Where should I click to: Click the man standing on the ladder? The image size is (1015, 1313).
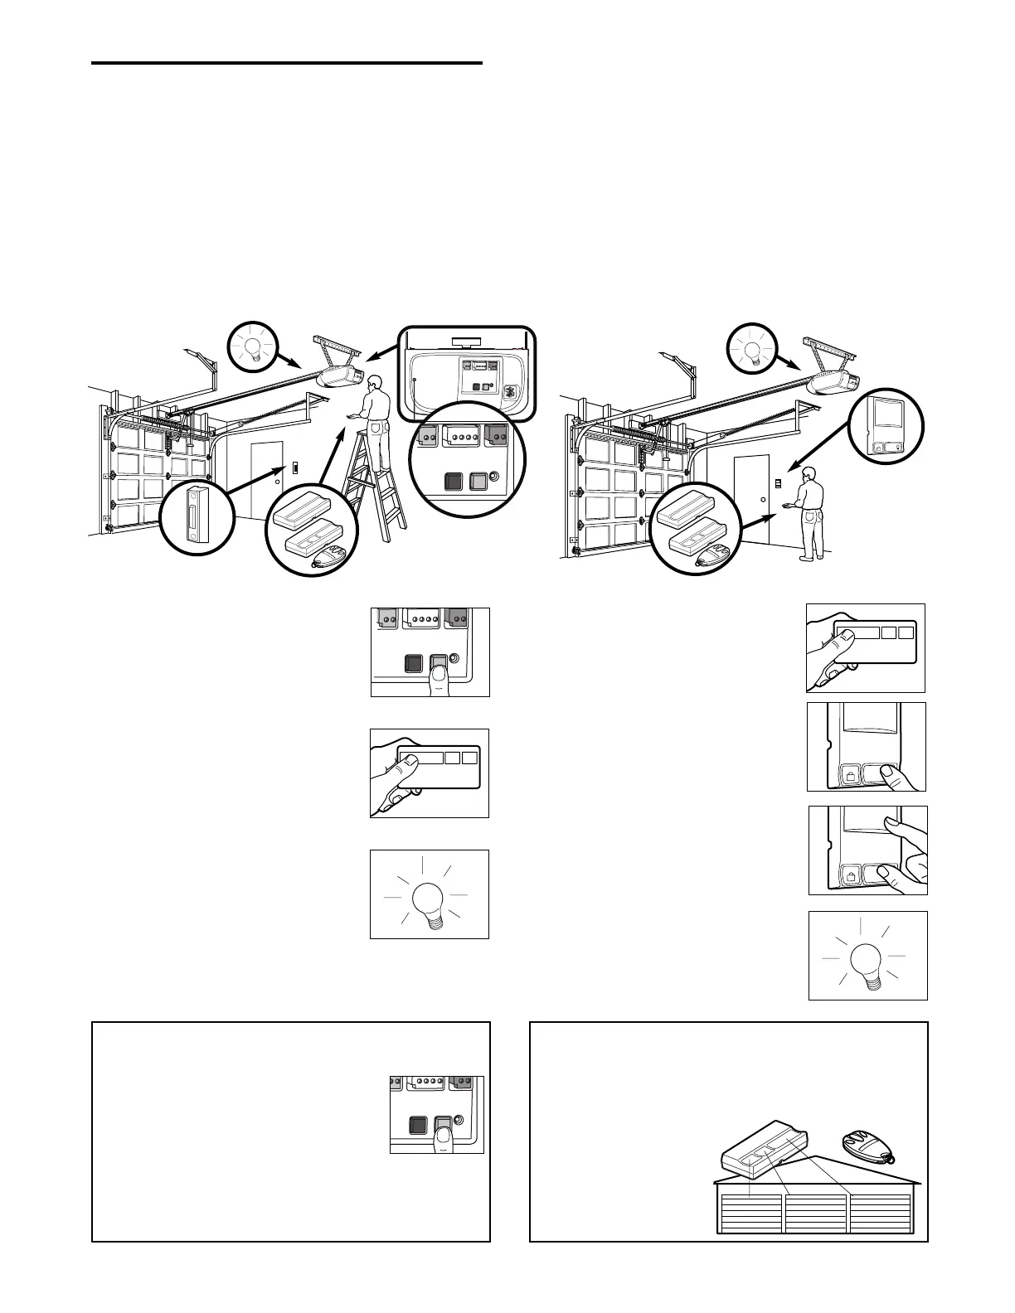[377, 414]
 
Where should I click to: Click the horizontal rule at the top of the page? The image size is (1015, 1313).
[286, 63]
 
